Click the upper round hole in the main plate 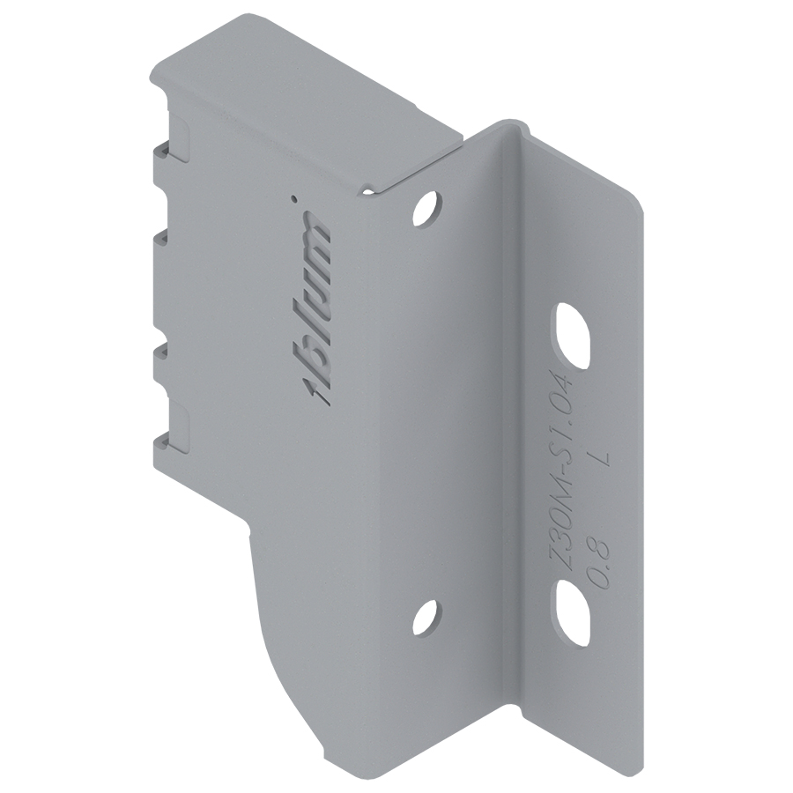click(x=428, y=208)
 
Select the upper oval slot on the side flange click(x=573, y=336)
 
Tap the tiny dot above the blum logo click(x=292, y=197)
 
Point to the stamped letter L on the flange click(x=602, y=459)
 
